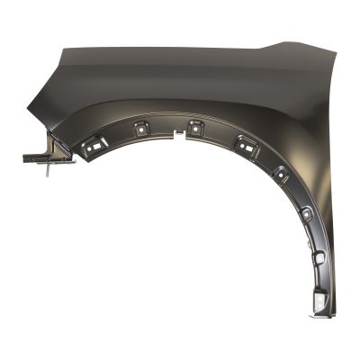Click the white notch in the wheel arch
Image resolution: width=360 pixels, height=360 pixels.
pyautogui.click(x=174, y=137)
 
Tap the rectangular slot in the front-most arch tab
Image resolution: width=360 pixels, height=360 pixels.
pyautogui.click(x=93, y=145)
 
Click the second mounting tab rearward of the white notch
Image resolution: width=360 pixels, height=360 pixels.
pyautogui.click(x=244, y=141)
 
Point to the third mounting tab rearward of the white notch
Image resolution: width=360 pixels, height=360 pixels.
pyautogui.click(x=281, y=173)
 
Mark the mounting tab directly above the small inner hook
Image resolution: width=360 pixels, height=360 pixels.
pyautogui.click(x=307, y=215)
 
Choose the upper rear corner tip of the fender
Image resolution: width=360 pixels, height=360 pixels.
pyautogui.click(x=320, y=52)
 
